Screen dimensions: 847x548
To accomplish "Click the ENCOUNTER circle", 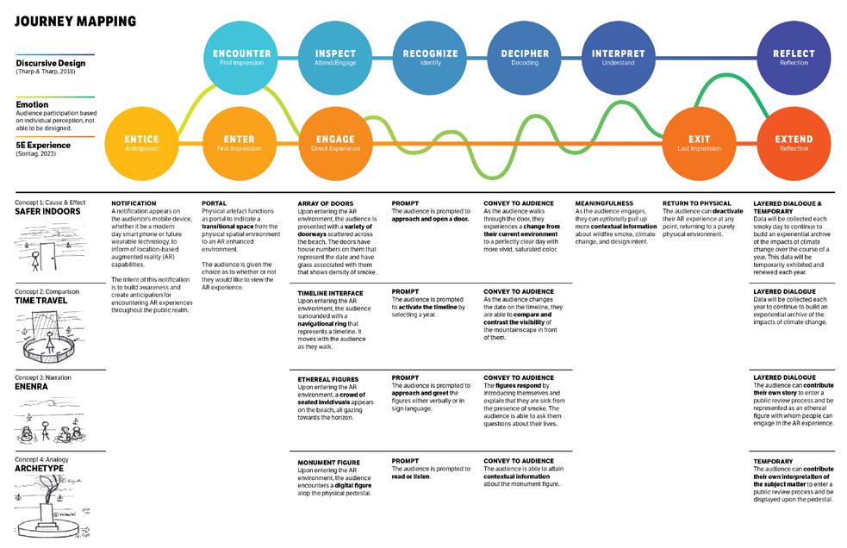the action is coord(242,57).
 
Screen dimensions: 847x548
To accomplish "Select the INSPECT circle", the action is coord(335,57).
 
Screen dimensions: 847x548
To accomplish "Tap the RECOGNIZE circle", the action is coord(430,57).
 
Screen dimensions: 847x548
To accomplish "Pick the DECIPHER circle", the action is coord(525,57).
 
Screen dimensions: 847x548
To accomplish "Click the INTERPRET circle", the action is coord(618,57).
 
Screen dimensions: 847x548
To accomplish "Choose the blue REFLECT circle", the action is coord(793,57).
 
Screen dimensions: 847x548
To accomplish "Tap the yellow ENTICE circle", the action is coord(141,142).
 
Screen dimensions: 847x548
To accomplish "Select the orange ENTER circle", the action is coord(239,142).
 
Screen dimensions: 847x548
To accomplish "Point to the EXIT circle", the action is coord(699,142).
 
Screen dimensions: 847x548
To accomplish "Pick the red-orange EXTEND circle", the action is coord(793,142).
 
